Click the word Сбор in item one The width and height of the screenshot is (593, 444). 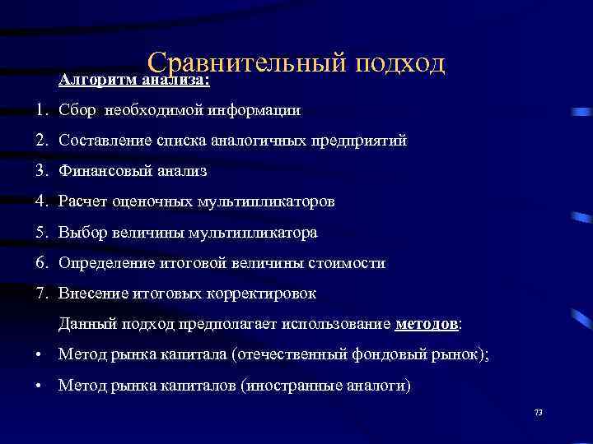pos(77,109)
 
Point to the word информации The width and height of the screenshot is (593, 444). pos(255,109)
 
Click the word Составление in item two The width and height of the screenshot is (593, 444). pos(103,141)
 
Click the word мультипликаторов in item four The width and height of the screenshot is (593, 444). pos(265,201)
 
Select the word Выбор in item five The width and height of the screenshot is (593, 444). pos(80,233)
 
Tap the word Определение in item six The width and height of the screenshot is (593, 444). pos(103,263)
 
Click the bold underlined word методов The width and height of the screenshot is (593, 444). pos(427,324)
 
